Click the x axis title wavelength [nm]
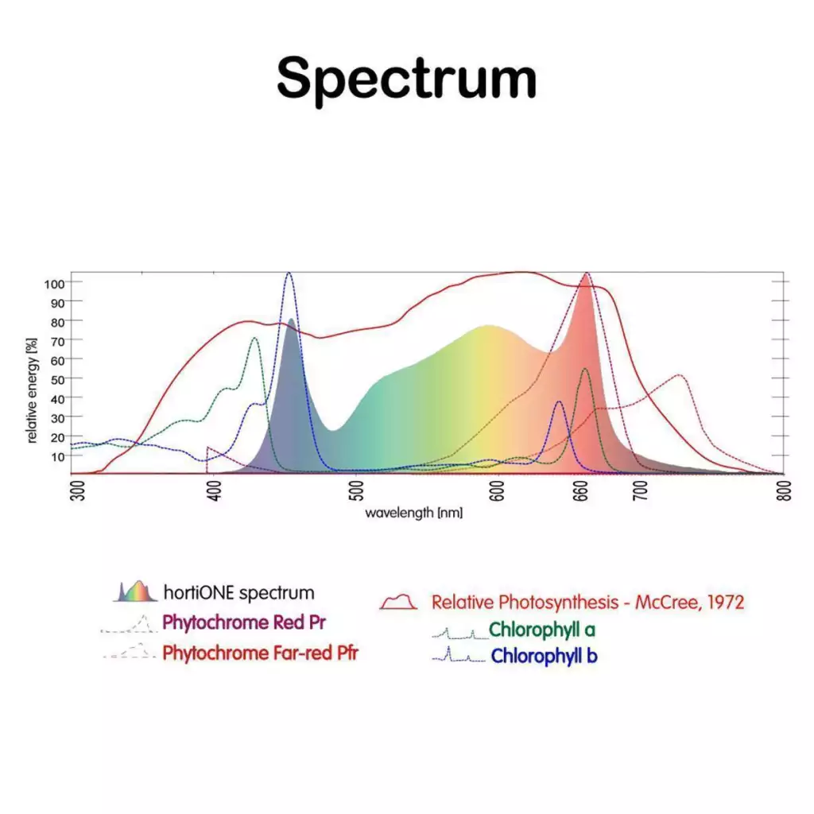[x=414, y=513]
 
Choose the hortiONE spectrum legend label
[x=238, y=593]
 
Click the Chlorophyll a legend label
[x=542, y=630]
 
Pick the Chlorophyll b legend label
[x=544, y=657]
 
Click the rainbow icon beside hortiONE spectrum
[x=136, y=591]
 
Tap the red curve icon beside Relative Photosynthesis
[x=399, y=602]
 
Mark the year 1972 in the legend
[x=724, y=602]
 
